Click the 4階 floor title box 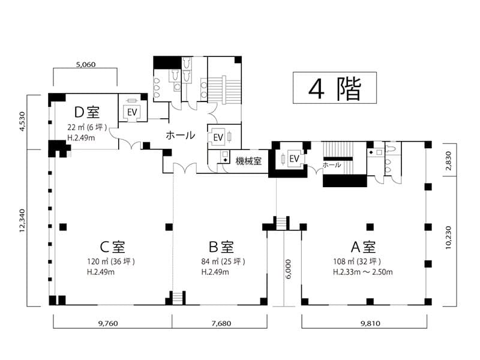coord(335,88)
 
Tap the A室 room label coord(363,247)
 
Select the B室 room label coord(221,247)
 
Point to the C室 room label coord(112,247)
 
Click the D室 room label coord(87,112)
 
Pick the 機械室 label coord(248,161)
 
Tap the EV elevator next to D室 coord(132,112)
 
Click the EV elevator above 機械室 coord(218,137)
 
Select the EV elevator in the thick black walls coord(294,158)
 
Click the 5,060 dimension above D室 coord(86,65)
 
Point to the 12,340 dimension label coord(22,220)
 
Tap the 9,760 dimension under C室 coord(108,323)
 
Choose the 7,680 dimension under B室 coord(221,323)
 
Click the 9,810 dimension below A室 coord(370,323)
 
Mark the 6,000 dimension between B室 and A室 coord(288,269)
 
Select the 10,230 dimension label coord(448,237)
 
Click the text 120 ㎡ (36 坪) coord(111,262)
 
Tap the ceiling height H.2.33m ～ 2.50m coord(363,272)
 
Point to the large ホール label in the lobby coord(181,135)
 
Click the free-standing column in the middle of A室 coord(370,227)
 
